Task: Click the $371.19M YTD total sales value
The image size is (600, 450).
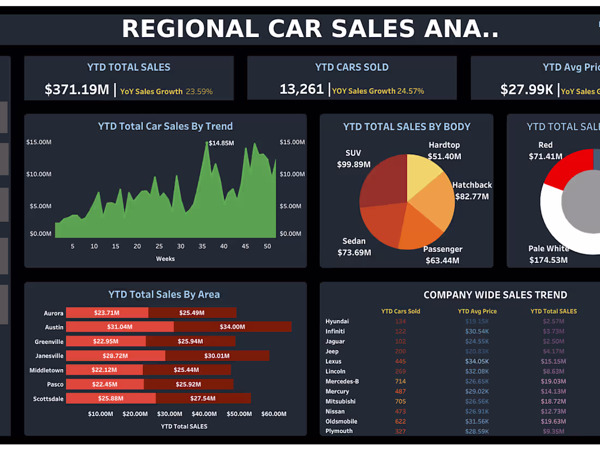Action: point(77,89)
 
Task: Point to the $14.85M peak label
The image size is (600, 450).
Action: point(221,143)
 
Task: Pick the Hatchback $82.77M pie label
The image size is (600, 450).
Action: point(472,191)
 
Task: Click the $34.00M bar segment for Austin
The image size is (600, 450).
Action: point(232,327)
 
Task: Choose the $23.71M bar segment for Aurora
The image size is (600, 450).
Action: point(107,313)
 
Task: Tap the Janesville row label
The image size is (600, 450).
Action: point(50,356)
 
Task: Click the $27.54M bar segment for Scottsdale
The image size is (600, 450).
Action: point(203,398)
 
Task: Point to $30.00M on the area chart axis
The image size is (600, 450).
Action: point(170,414)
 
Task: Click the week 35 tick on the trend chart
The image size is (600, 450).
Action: point(202,247)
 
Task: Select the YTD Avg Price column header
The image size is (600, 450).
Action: point(477,311)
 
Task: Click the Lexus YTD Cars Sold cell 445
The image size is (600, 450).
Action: point(400,362)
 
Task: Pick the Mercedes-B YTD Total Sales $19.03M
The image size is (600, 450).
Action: point(553,381)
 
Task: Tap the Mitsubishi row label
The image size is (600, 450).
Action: point(340,401)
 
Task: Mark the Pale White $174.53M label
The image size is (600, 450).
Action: point(548,254)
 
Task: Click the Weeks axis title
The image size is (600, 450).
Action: point(165,259)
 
